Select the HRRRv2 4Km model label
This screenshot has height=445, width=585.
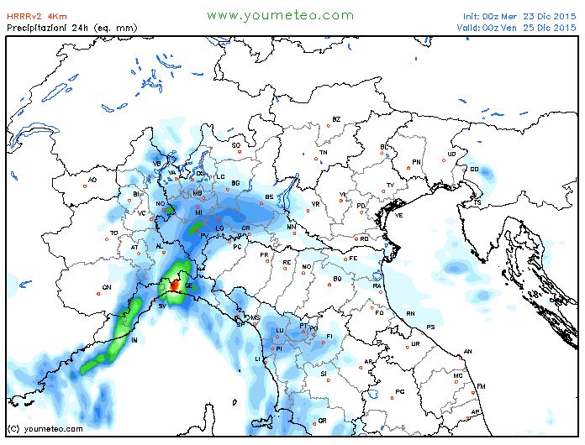pyautogui.click(x=38, y=16)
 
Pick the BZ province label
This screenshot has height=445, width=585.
pyautogui.click(x=336, y=120)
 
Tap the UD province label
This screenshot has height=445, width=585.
pyautogui.click(x=451, y=154)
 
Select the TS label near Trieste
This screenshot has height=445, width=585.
pyautogui.click(x=477, y=202)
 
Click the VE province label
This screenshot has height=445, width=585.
pyautogui.click(x=399, y=215)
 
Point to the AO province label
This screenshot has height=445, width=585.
pyautogui.click(x=92, y=180)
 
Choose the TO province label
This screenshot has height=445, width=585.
pyautogui.click(x=114, y=233)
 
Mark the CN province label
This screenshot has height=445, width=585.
pyautogui.click(x=107, y=287)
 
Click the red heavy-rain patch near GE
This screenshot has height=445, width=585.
pyautogui.click(x=174, y=285)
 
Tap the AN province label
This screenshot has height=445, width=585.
pyautogui.click(x=468, y=351)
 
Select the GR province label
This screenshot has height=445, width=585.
pyautogui.click(x=321, y=420)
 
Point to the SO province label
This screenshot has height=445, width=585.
pyautogui.click(x=236, y=145)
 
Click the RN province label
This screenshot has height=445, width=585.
pyautogui.click(x=410, y=313)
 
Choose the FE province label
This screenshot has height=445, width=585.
pyautogui.click(x=354, y=259)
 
